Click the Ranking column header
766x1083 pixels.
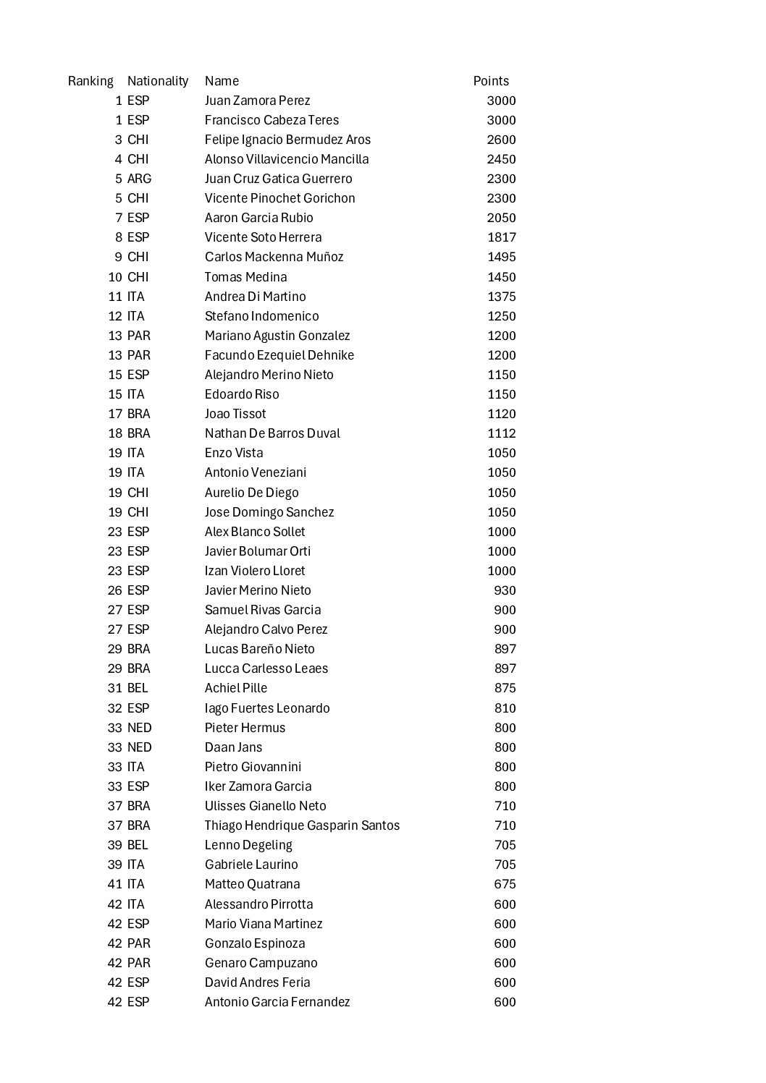(91, 81)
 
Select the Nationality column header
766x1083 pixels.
(158, 81)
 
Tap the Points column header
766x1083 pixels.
(491, 81)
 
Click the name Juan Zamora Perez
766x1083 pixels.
(257, 101)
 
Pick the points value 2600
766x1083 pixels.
(501, 140)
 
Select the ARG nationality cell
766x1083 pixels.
(139, 179)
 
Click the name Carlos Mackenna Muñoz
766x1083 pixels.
(274, 257)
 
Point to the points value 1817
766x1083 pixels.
(501, 237)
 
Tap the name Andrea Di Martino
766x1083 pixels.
(255, 297)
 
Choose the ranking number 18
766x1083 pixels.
(115, 433)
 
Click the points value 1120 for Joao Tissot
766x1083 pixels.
(501, 414)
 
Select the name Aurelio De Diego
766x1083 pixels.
(251, 493)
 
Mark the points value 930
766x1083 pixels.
(505, 590)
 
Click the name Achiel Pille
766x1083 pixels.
(236, 688)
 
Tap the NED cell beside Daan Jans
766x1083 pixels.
(139, 747)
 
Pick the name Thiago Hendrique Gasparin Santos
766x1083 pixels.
(302, 825)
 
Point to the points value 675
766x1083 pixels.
(505, 884)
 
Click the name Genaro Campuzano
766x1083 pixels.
(261, 963)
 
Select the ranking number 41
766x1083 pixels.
(115, 884)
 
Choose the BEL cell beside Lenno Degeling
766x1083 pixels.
(138, 845)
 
